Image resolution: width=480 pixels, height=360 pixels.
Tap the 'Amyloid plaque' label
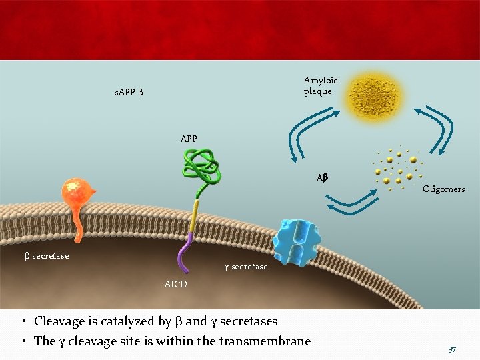point(321,85)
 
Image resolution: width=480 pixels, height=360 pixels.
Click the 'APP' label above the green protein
point(189,139)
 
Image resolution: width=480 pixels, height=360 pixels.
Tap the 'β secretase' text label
point(47,256)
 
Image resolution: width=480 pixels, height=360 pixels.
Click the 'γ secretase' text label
point(245,267)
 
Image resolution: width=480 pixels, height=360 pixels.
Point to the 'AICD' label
point(176,285)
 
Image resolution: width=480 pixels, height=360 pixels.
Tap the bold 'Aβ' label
point(323,178)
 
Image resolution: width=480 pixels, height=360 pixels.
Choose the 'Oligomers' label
point(443,189)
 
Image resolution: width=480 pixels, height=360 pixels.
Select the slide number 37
point(452,349)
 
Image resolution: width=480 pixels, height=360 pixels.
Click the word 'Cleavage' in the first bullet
point(59,321)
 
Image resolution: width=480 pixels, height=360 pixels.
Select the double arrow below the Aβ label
point(353,200)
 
